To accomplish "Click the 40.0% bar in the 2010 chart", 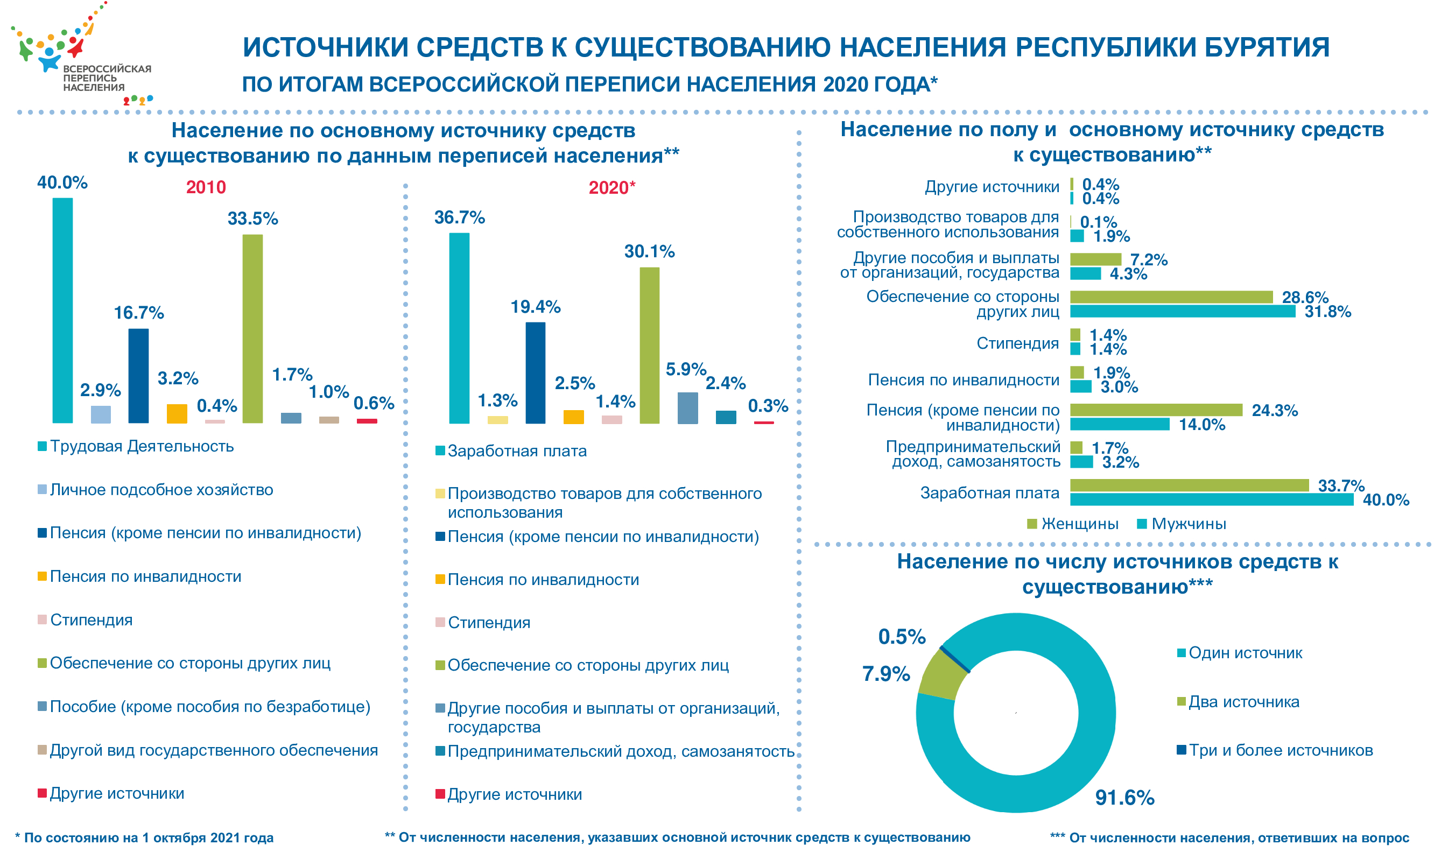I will [x=62, y=310].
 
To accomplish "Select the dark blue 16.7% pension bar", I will [x=138, y=376].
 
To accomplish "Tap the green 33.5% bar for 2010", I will [x=252, y=328].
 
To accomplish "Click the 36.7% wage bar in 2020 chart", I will [x=459, y=328].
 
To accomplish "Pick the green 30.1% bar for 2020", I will [x=649, y=345].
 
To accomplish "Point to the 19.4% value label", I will [x=536, y=307].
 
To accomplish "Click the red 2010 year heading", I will [x=206, y=187].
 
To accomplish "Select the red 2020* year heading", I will [x=612, y=188].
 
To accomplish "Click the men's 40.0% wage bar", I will [x=1211, y=499].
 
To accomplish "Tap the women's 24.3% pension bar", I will [x=1156, y=410].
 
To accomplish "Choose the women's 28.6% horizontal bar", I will [x=1171, y=297].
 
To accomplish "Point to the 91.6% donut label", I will [x=1124, y=798].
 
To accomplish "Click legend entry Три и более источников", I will [x=1275, y=750].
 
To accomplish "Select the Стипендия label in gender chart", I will [x=1017, y=343].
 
